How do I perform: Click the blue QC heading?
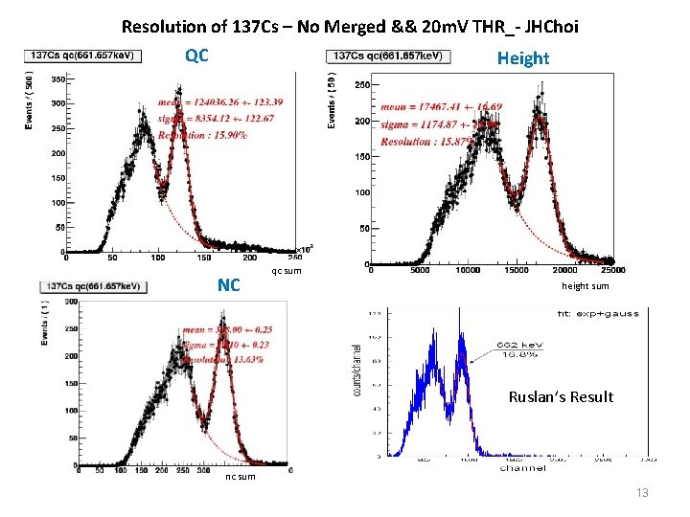196,56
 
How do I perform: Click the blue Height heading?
522,58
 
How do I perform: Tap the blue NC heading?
228,285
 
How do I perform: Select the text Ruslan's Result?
561,396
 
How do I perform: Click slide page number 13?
642,492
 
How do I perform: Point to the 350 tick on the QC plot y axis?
57,79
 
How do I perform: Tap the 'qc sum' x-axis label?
287,271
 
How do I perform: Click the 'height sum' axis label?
585,286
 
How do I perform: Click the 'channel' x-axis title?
523,468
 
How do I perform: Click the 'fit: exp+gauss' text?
601,313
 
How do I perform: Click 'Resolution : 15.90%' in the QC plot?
204,135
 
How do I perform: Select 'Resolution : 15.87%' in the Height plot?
426,142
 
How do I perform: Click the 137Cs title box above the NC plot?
93,286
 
